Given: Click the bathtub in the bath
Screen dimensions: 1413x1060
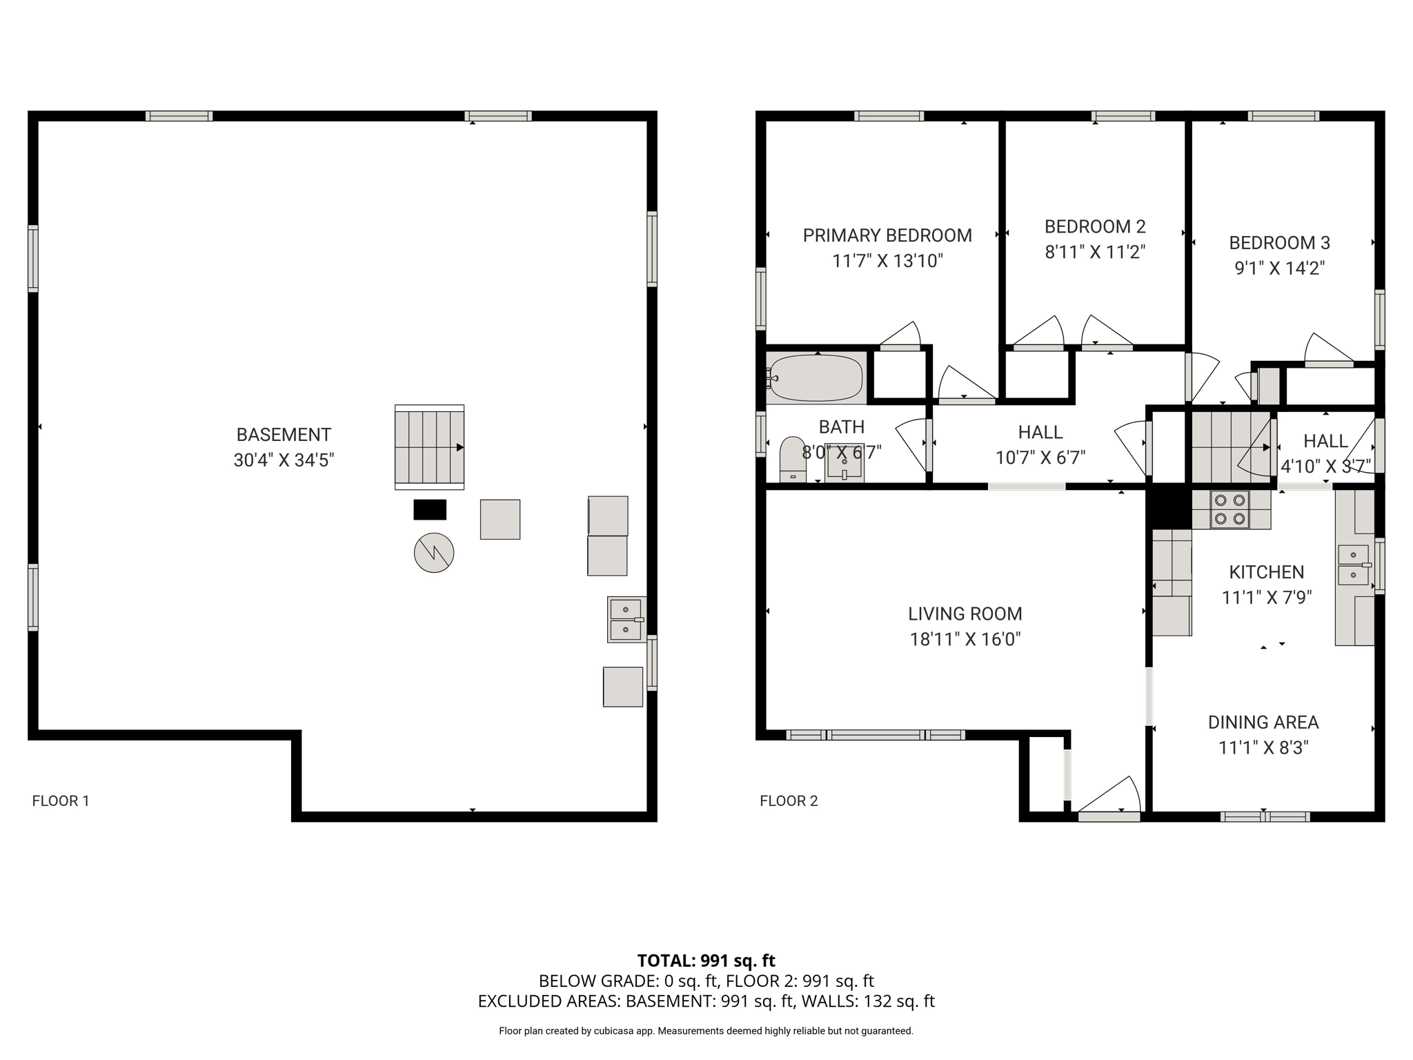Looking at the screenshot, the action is tap(816, 377).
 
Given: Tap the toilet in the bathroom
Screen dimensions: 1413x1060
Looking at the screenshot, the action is tap(792, 459).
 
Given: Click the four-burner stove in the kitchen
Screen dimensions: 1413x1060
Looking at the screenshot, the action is tap(1230, 509).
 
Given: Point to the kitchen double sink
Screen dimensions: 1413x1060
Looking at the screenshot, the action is tap(1354, 565).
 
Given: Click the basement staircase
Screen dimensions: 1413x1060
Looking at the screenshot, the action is tap(429, 447).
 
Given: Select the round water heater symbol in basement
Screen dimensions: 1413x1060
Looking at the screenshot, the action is tap(434, 553).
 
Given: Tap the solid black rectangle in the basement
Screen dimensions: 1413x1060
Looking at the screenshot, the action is tap(430, 509).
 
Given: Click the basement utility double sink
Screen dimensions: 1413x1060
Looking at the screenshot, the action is tap(626, 620).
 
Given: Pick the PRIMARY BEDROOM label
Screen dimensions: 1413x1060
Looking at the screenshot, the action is tap(887, 235).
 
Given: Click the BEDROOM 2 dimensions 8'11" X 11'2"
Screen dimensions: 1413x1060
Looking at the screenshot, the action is tap(1095, 252).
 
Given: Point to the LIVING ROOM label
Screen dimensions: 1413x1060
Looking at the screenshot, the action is tap(965, 614).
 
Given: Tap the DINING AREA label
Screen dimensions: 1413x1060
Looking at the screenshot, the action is tap(1263, 722).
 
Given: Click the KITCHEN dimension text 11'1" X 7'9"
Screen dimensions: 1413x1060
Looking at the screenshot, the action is tap(1266, 597).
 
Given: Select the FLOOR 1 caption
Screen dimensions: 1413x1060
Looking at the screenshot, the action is tap(61, 801).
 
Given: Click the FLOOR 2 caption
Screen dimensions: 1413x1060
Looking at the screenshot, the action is tap(789, 801).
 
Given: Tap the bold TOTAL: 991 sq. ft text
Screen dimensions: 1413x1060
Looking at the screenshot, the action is tap(706, 961).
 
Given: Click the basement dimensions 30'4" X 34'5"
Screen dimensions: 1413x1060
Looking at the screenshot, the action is tap(284, 460).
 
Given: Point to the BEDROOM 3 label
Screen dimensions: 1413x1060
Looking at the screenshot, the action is tap(1279, 243).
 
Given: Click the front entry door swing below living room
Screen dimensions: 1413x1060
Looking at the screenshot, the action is tap(1109, 798).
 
